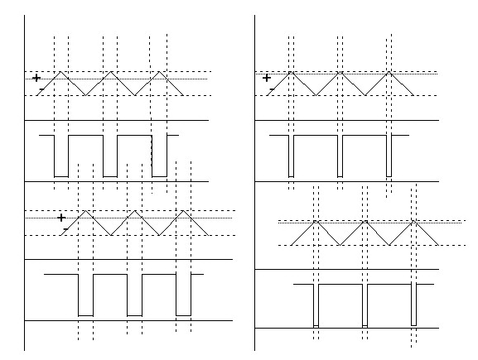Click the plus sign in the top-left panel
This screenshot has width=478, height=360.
pos(36,78)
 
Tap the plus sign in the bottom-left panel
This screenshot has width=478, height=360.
pos(61,218)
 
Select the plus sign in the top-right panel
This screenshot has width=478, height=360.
pos(267,78)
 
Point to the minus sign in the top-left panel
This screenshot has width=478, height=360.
pos(41,89)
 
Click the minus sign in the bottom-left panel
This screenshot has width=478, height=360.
pos(65,228)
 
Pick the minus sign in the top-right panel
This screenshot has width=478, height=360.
pos(272,89)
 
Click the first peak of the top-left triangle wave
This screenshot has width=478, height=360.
pos(60,71)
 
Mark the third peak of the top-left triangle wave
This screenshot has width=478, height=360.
pos(159,71)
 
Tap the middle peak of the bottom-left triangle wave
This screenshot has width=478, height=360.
pos(134,211)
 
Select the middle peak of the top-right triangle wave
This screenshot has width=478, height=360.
pos(340,71)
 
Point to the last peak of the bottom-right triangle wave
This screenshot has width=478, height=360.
pos(413,221)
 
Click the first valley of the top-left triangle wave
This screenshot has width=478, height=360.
pos(85,95)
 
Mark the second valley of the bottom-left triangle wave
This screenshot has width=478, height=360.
pos(159,235)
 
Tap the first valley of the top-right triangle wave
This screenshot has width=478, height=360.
pos(316,95)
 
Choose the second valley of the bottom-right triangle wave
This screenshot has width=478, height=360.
pos(389,245)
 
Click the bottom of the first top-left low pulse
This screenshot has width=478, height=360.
pos(61,176)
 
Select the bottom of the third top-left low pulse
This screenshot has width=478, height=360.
pos(159,176)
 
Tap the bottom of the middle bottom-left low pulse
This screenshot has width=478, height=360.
pos(134,316)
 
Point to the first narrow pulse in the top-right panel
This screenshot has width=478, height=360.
pos(291,156)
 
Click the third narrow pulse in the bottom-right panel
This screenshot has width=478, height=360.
pos(413,305)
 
